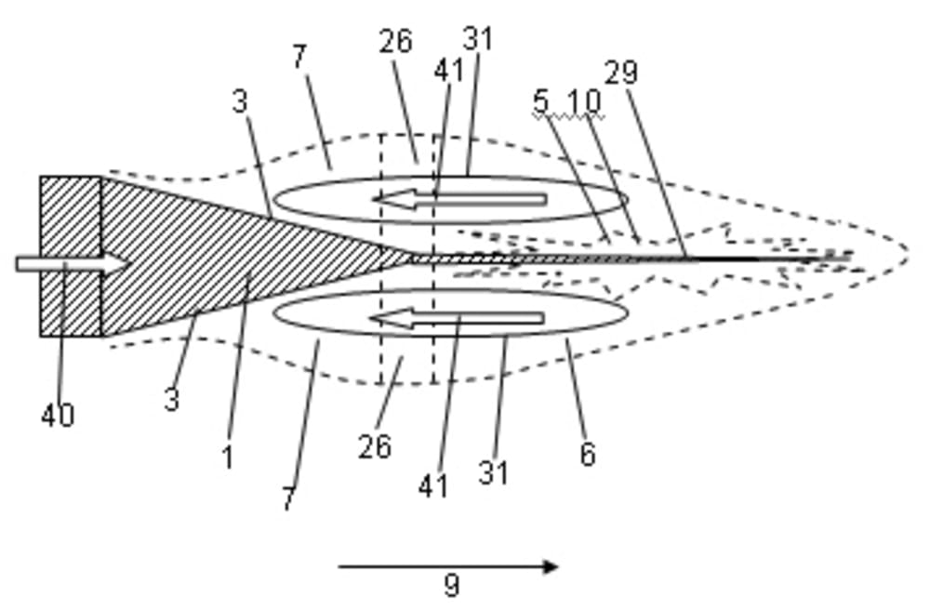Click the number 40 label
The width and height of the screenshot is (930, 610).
[57, 416]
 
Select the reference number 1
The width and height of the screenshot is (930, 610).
[227, 457]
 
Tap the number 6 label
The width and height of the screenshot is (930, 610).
[587, 454]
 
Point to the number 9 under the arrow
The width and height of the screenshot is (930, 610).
[451, 585]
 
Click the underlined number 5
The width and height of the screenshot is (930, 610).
[540, 102]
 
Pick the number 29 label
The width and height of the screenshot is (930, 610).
[620, 73]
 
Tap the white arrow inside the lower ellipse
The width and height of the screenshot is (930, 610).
[457, 319]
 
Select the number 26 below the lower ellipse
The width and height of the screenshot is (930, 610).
[375, 446]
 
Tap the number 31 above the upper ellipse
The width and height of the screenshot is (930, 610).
[477, 39]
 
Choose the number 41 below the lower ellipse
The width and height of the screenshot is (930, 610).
[433, 485]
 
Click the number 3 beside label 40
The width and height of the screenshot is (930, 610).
[172, 400]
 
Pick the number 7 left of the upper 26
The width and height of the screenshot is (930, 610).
[299, 57]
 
